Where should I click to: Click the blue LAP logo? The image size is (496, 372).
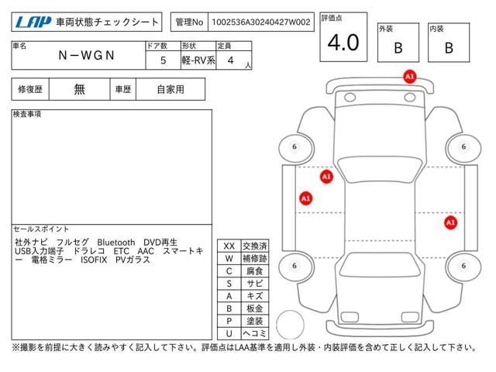click(33, 22)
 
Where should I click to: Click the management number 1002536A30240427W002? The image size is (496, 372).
click(261, 22)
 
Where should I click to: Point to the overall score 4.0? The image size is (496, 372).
click(343, 43)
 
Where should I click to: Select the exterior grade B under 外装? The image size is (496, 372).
click(398, 48)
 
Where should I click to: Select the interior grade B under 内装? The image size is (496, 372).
click(449, 48)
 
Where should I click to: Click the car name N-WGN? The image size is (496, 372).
click(86, 55)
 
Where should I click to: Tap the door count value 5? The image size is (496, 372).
click(163, 60)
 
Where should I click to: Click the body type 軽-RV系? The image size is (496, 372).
click(198, 60)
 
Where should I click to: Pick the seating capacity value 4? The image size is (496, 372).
click(231, 60)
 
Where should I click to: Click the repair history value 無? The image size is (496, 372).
click(79, 89)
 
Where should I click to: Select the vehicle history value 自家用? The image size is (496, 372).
click(170, 90)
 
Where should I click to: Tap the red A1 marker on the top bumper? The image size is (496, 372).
click(410, 77)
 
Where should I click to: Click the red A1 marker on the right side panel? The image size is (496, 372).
click(450, 222)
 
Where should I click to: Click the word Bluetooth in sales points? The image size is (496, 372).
click(115, 243)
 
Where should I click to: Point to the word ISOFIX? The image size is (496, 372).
click(94, 260)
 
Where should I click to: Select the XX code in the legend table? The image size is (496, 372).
click(229, 246)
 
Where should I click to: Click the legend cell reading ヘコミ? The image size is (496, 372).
click(255, 333)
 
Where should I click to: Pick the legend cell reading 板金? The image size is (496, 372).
click(255, 308)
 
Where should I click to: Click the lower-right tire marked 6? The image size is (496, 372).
click(463, 267)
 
